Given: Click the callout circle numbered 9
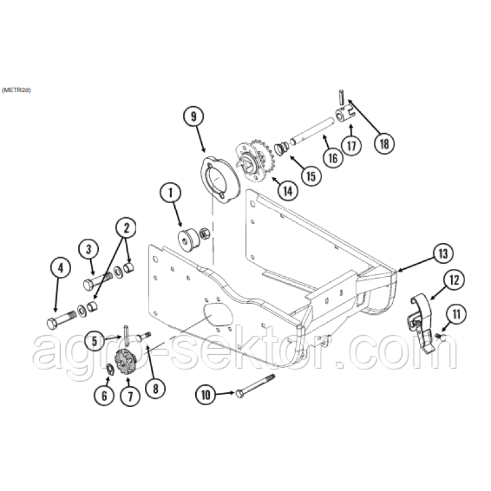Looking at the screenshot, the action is (193, 117).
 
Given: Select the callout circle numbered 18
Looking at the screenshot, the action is (384, 144).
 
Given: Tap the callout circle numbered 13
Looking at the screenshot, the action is (443, 253).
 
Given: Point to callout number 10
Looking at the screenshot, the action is (206, 395).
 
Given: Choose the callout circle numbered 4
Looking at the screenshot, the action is (60, 268).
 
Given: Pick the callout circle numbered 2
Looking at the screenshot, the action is (126, 228).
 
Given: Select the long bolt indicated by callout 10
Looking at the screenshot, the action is (255, 386).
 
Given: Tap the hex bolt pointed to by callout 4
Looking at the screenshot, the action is (61, 319).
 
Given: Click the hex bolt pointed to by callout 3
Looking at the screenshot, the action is (98, 280).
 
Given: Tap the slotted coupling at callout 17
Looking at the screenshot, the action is (346, 115).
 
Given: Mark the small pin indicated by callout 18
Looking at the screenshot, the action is (341, 97).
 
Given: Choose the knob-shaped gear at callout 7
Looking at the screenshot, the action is (126, 361).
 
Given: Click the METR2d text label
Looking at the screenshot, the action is (17, 90).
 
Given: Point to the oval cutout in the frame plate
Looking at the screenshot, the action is (218, 315).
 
